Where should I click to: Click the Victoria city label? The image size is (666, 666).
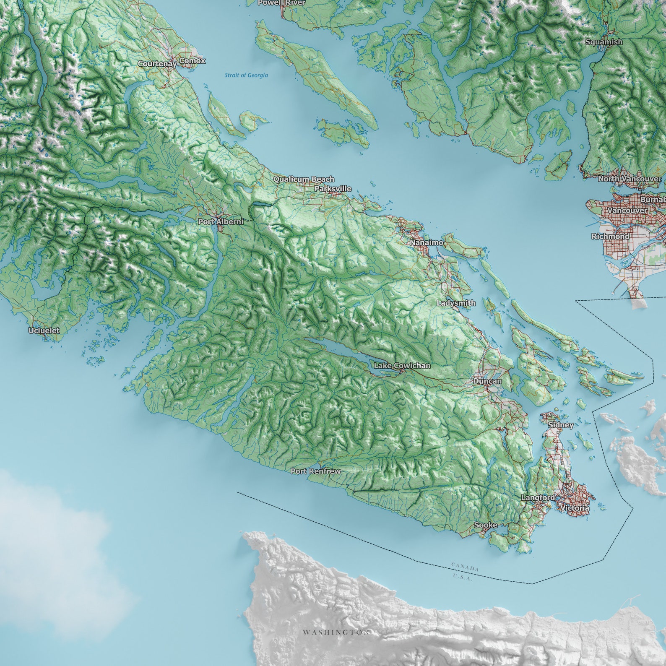(575, 508)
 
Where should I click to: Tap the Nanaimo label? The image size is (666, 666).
(427, 242)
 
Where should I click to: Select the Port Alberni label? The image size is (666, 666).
(221, 221)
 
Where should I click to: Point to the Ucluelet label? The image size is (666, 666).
(44, 330)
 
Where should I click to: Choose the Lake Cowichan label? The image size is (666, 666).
(402, 366)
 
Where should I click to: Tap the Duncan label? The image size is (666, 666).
(487, 381)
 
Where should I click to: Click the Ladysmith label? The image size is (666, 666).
(456, 303)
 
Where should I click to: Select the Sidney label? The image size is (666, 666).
(561, 425)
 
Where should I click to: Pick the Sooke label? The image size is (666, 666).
(486, 525)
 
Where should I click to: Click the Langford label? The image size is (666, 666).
(538, 497)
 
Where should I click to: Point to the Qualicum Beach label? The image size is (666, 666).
(304, 179)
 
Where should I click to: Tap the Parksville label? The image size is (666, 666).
(333, 189)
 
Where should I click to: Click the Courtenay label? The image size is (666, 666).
(157, 64)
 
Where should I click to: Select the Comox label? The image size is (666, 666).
(193, 61)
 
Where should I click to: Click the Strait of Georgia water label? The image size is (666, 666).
(246, 75)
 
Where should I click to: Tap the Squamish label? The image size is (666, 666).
(604, 42)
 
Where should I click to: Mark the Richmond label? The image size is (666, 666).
(610, 237)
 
